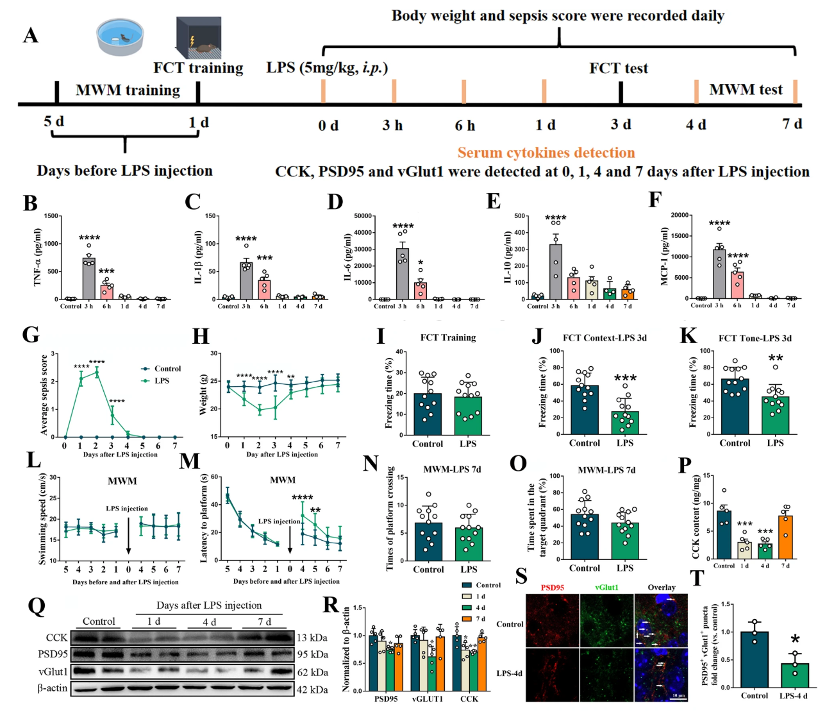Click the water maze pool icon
point(120,37)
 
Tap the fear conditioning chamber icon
point(199,38)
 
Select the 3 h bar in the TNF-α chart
point(88,278)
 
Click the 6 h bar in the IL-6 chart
point(420,291)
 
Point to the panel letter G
point(30,335)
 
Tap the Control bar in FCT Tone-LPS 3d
point(735,406)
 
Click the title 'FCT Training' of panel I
point(448,337)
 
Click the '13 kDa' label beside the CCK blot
point(312,638)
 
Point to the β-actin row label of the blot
point(52,688)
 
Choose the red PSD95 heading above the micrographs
point(552,588)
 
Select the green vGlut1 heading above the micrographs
point(606,588)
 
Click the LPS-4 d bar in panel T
point(795,675)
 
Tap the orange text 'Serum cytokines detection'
point(546,153)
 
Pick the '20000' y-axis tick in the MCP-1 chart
point(678,215)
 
